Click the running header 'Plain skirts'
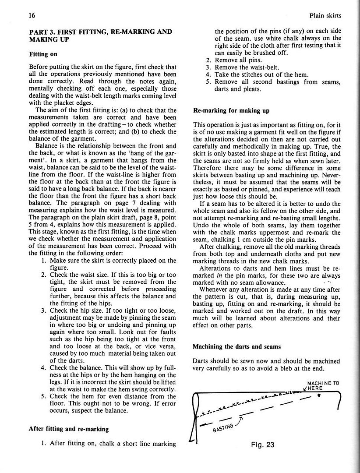[x=325, y=15]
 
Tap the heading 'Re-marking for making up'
[x=231, y=110]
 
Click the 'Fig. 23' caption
[x=263, y=445]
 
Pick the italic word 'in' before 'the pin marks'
[x=230, y=275]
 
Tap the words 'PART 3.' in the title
[x=42, y=32]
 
